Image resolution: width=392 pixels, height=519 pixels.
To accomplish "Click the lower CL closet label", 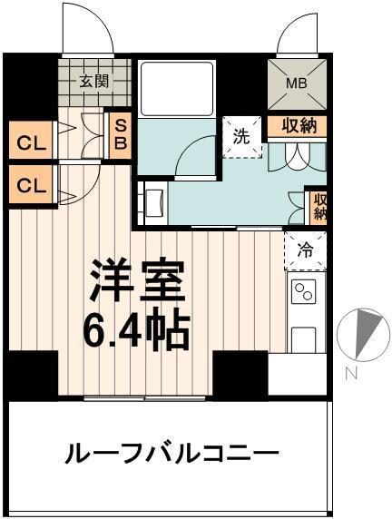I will (30, 185).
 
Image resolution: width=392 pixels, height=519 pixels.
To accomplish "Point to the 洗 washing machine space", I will (240, 139).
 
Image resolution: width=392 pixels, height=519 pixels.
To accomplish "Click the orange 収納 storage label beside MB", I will (297, 126).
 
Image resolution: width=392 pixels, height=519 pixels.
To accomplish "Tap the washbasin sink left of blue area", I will (152, 201).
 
